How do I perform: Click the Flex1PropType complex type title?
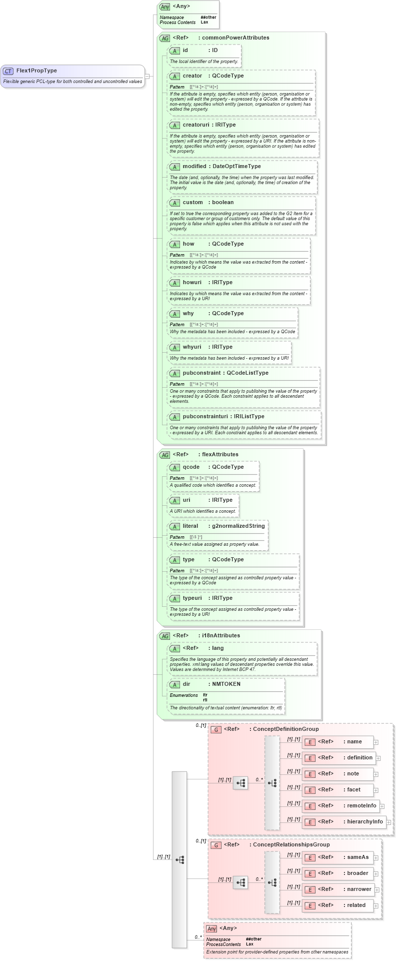tap(36, 71)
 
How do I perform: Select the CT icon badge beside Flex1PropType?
tap(8, 71)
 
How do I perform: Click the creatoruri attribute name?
tap(195, 125)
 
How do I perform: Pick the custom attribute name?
tap(192, 203)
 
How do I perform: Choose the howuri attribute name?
tap(192, 283)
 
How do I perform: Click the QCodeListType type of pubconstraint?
tap(247, 373)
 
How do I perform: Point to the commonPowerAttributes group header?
tap(235, 38)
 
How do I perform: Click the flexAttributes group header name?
tap(220, 455)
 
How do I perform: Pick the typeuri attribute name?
tap(192, 598)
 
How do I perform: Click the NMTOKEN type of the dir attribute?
tap(226, 684)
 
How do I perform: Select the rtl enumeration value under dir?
tap(205, 700)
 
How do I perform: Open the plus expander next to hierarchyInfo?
tap(389, 822)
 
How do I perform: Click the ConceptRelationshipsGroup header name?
tap(291, 845)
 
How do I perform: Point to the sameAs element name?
tap(357, 857)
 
